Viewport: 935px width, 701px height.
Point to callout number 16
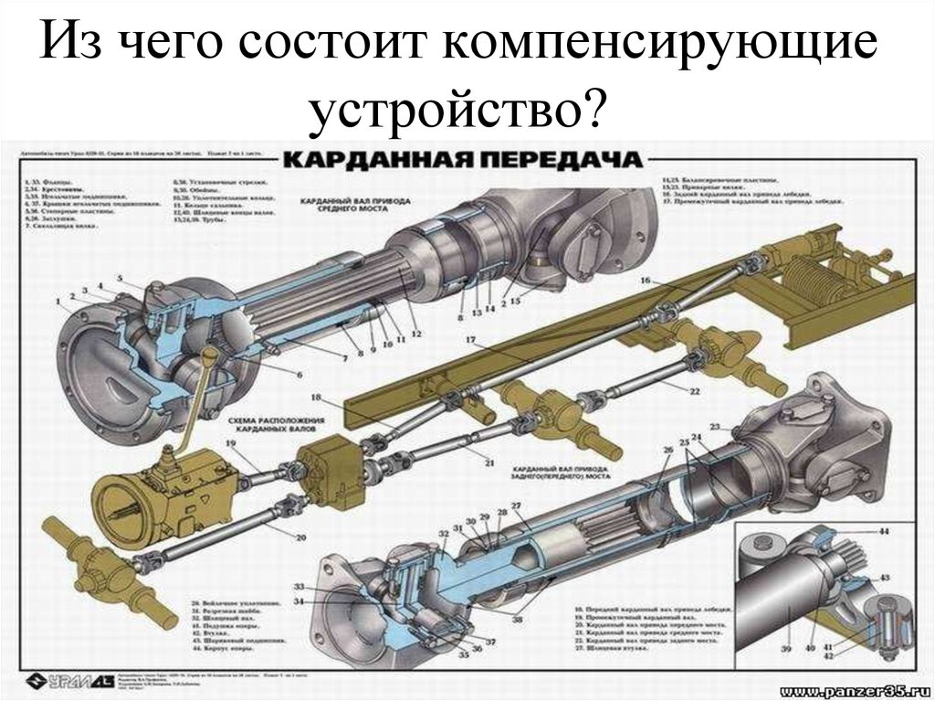645,280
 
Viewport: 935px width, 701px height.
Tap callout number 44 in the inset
884,531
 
